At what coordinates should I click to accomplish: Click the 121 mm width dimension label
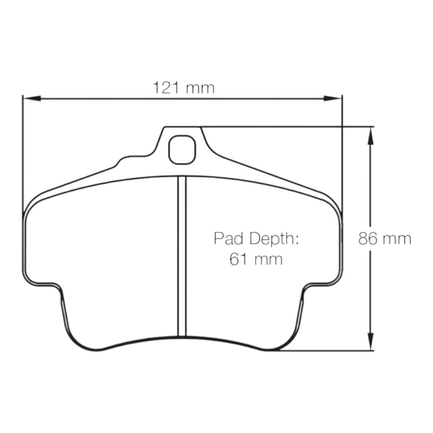[184, 88]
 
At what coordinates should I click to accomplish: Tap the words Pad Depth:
[256, 239]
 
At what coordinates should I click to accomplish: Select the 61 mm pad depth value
[256, 258]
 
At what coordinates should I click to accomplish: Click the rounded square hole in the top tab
[182, 149]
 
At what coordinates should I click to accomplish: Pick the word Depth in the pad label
[273, 239]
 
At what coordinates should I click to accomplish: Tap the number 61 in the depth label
[238, 258]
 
